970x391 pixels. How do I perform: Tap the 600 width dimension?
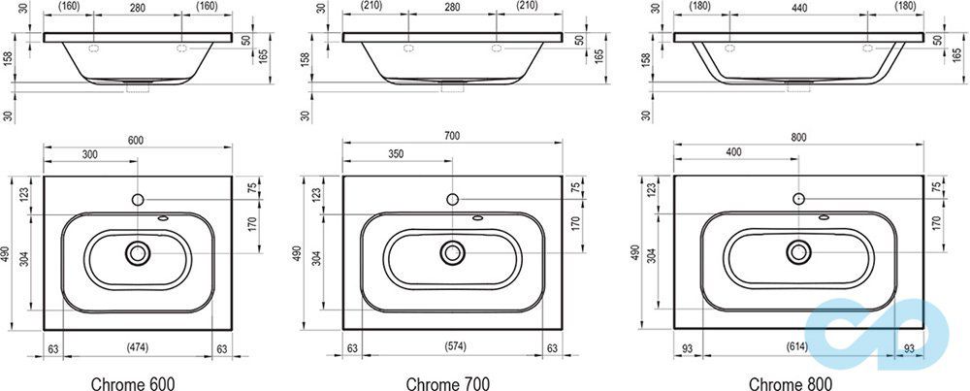(x=136, y=141)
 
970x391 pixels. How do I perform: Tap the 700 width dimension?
(x=452, y=137)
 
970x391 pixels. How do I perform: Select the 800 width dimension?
(x=798, y=137)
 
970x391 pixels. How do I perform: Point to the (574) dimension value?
(x=452, y=347)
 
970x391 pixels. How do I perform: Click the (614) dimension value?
(x=798, y=347)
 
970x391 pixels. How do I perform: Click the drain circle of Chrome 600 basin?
(x=137, y=253)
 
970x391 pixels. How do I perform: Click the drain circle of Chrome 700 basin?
(x=452, y=253)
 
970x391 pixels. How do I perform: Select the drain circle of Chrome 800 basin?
(x=798, y=252)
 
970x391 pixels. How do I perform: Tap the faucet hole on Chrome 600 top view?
(x=137, y=199)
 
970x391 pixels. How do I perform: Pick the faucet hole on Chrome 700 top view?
(x=452, y=199)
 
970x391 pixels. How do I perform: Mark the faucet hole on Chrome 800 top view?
(x=798, y=198)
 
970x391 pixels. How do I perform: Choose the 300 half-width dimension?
(x=90, y=154)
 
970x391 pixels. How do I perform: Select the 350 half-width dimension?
(x=398, y=154)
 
